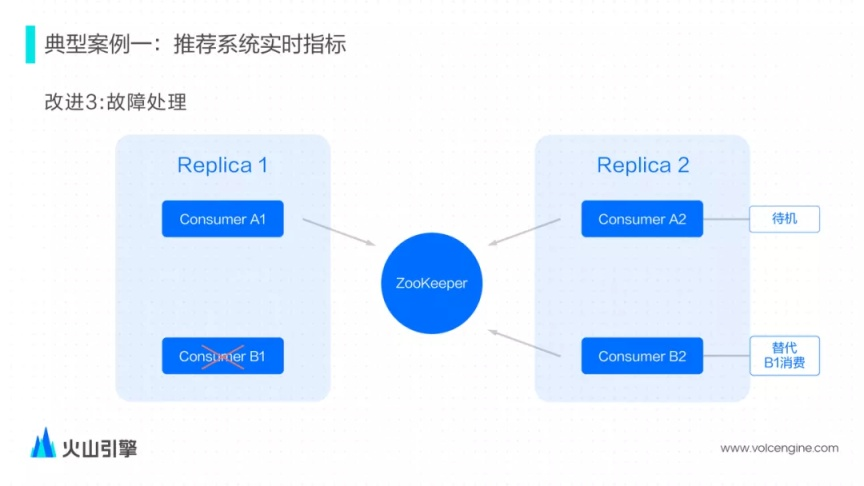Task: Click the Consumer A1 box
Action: point(222,219)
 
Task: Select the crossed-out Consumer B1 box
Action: point(222,356)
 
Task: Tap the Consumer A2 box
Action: point(642,219)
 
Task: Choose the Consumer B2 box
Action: point(642,356)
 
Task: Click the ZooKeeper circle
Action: point(431,284)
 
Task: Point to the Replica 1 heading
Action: point(222,165)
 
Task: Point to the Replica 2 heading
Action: point(643,165)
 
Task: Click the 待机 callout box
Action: point(784,219)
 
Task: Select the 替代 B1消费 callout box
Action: point(784,356)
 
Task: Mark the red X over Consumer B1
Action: point(224,354)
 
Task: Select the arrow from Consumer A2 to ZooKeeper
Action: point(525,232)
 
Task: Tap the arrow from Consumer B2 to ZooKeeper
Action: point(524,342)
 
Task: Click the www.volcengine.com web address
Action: point(779,448)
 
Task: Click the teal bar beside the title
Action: point(30,44)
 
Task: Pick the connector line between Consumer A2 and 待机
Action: point(726,219)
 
